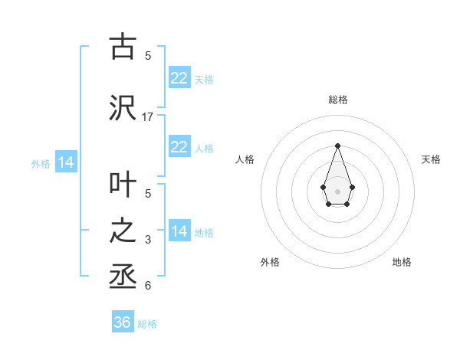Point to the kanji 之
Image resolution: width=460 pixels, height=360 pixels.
tap(122, 232)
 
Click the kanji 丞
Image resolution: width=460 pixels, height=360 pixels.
tap(122, 277)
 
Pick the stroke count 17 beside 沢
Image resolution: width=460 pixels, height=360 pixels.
tap(148, 117)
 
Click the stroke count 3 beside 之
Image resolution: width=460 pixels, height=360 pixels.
tap(148, 240)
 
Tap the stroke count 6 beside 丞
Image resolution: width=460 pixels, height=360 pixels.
tap(148, 286)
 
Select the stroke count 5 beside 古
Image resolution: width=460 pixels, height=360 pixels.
tap(148, 55)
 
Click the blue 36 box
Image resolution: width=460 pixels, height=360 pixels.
tap(123, 322)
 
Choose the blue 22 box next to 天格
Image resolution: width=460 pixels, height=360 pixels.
tap(179, 78)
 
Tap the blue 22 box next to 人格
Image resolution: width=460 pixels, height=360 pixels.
tap(179, 147)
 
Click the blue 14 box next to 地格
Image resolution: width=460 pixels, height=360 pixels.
tap(179, 231)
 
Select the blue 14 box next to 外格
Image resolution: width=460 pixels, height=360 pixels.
tap(65, 162)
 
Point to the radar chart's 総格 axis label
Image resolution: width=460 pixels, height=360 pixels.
tap(337, 100)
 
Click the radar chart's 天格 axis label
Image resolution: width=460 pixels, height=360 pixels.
tap(432, 159)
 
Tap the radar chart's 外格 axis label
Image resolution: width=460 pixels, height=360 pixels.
tap(270, 262)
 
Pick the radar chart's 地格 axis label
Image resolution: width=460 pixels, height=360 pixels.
tap(402, 262)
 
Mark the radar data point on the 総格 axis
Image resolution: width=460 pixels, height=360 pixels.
tap(337, 145)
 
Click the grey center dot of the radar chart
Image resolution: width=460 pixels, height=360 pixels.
tap(337, 191)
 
